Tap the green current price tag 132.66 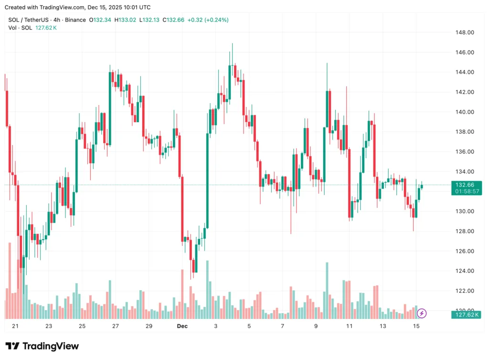click(465, 185)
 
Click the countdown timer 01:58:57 click(467, 191)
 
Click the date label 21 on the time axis click(15, 326)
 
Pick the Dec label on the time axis click(182, 326)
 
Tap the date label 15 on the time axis click(416, 326)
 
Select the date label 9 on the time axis click(316, 326)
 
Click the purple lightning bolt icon click(422, 313)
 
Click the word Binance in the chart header click(75, 20)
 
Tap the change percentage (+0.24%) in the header click(216, 20)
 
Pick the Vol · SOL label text click(20, 28)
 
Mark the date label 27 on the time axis click(115, 326)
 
